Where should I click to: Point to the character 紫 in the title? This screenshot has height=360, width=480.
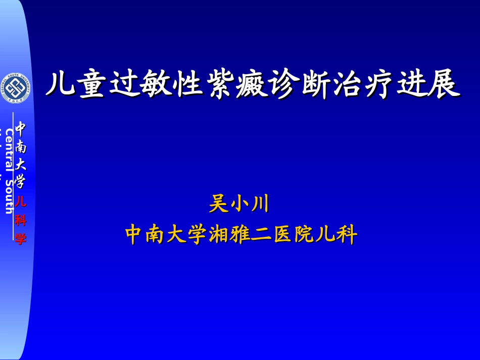click(x=220, y=84)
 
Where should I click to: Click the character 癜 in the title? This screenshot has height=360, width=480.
click(x=253, y=84)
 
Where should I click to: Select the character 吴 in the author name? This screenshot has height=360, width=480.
click(x=218, y=204)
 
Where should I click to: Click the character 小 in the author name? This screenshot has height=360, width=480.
click(x=239, y=204)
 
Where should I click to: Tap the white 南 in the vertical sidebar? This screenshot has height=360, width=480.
click(x=20, y=146)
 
